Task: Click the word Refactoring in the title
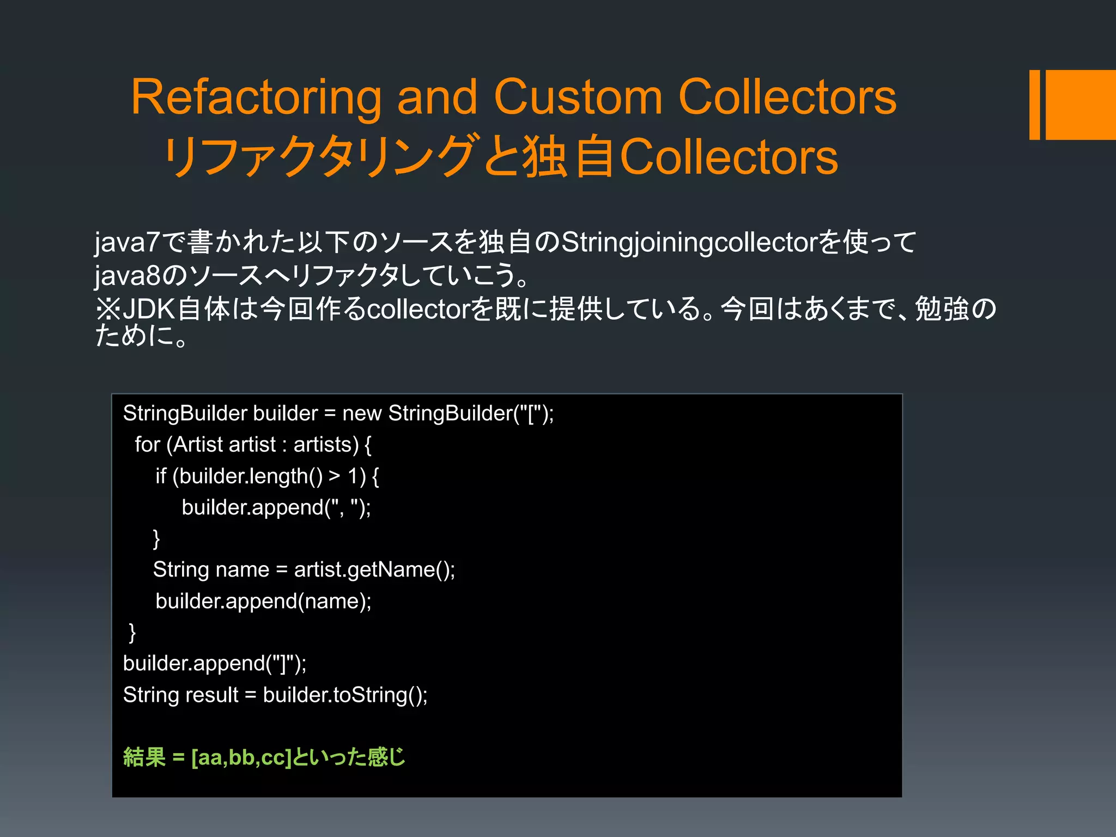tap(256, 98)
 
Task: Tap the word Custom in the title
tap(578, 98)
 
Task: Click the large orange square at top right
tap(1081, 105)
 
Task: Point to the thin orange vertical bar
tap(1034, 105)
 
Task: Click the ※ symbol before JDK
tap(107, 309)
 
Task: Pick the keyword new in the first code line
tap(362, 414)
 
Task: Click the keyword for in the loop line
tap(147, 445)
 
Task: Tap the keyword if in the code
tap(161, 476)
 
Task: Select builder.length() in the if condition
tap(251, 476)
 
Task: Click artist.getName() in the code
tap(374, 570)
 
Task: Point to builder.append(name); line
tap(263, 601)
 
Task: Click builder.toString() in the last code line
tap(344, 695)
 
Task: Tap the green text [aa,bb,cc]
tap(241, 757)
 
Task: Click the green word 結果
tap(144, 757)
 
